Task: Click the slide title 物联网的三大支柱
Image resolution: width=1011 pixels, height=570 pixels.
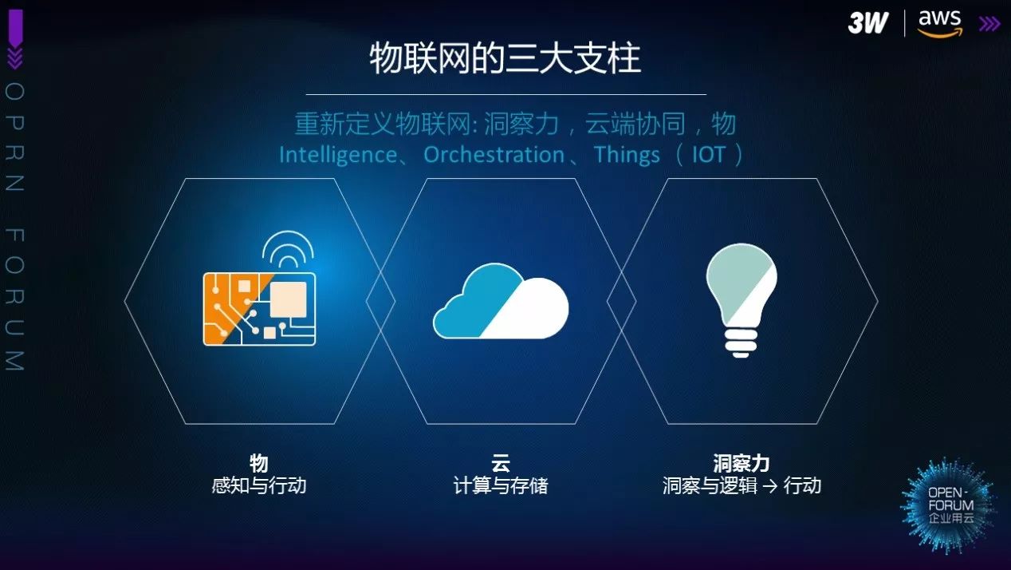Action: point(505,57)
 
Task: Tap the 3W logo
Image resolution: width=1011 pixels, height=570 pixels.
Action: point(868,22)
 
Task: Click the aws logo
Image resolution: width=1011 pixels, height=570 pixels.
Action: point(940,23)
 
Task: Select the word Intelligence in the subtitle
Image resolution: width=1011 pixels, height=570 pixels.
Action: point(338,156)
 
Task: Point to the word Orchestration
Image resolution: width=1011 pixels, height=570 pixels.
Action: point(494,155)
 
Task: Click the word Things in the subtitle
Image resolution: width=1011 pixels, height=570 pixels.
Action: point(627,156)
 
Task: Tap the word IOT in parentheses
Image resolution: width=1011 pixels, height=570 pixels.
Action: point(709,155)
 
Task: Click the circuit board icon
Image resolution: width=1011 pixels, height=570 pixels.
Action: point(259,309)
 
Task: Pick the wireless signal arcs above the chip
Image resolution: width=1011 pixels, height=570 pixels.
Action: point(288,248)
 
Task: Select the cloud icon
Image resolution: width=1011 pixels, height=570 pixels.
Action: point(501,301)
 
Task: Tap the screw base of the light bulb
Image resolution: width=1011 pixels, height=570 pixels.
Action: point(741,342)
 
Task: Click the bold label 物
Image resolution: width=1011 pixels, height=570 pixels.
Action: point(259,463)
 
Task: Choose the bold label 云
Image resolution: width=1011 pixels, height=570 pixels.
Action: point(501,463)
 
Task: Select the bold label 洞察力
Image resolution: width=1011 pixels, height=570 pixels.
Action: point(741,463)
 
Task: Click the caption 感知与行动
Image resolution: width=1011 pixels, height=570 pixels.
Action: point(259,486)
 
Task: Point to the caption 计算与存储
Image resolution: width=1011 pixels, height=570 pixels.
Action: point(501,486)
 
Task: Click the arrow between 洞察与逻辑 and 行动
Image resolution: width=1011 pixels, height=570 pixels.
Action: point(770,486)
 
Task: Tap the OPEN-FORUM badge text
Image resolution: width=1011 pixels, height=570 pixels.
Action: point(950,505)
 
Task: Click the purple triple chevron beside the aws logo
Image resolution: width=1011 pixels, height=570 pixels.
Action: point(989,24)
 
